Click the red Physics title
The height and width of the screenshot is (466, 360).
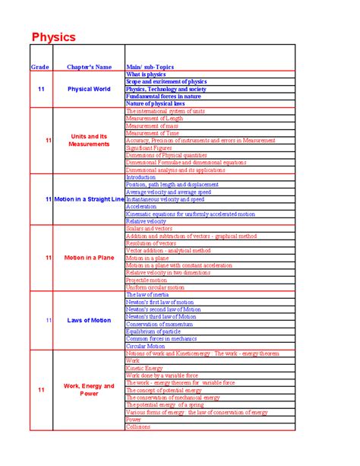53,37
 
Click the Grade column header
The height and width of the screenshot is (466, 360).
39,68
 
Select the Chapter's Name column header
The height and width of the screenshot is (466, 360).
90,68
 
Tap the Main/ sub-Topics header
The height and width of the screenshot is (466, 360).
150,68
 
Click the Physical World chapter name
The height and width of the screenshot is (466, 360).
89,89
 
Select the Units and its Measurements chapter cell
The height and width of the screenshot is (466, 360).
89,140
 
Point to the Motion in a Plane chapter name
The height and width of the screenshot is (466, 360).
89,258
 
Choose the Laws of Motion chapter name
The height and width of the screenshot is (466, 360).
89,320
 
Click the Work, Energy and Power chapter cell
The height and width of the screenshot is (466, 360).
89,389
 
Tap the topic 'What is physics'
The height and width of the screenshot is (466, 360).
145,74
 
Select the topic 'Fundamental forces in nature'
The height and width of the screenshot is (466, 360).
163,97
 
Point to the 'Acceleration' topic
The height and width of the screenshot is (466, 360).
142,206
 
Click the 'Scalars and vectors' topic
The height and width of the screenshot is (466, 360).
150,228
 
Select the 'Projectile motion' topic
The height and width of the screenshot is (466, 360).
147,280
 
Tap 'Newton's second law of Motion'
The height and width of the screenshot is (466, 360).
164,309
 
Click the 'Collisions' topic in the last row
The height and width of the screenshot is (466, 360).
139,426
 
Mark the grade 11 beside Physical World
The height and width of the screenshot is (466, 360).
41,89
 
